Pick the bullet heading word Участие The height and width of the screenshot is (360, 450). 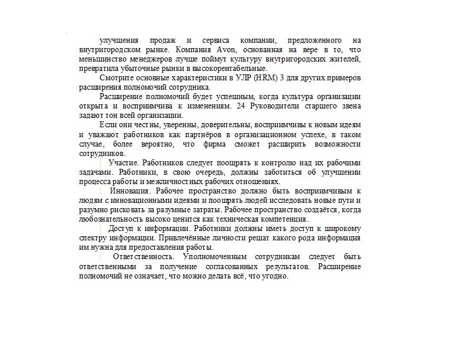[x=123, y=162]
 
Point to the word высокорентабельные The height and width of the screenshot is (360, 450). [x=229, y=69]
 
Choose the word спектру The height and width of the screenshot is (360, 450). [x=93, y=238]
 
